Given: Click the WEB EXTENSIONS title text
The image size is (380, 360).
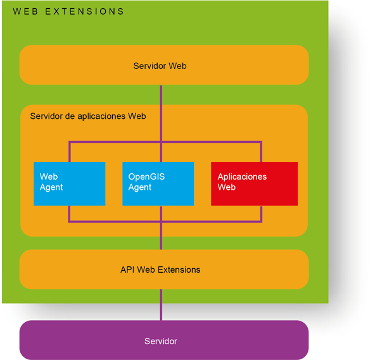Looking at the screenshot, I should pyautogui.click(x=68, y=11).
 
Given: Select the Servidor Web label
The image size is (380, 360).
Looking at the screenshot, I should pyautogui.click(x=160, y=66).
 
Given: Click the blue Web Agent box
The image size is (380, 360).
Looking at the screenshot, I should pyautogui.click(x=69, y=183).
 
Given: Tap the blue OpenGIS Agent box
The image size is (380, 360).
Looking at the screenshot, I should pyautogui.click(x=158, y=183).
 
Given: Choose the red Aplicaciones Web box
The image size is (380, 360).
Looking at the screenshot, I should pyautogui.click(x=254, y=183).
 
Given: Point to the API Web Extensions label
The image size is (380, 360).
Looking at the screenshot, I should pyautogui.click(x=160, y=270).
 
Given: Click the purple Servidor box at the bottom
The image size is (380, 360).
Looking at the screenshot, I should pyautogui.click(x=163, y=340).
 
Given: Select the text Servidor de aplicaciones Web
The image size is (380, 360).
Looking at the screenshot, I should pyautogui.click(x=88, y=116).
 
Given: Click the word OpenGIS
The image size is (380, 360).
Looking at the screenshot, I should pyautogui.click(x=146, y=177).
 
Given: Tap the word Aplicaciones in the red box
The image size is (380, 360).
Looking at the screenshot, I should pyautogui.click(x=242, y=177).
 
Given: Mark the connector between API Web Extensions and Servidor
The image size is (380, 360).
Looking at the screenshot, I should pyautogui.click(x=161, y=305).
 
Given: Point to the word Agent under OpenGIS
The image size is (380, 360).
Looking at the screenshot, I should pyautogui.click(x=140, y=187).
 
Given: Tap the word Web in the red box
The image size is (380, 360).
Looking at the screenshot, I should pyautogui.click(x=227, y=187).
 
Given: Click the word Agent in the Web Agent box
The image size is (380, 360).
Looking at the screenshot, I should pyautogui.click(x=51, y=187).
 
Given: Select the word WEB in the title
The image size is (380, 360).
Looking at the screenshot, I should pyautogui.click(x=25, y=11).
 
